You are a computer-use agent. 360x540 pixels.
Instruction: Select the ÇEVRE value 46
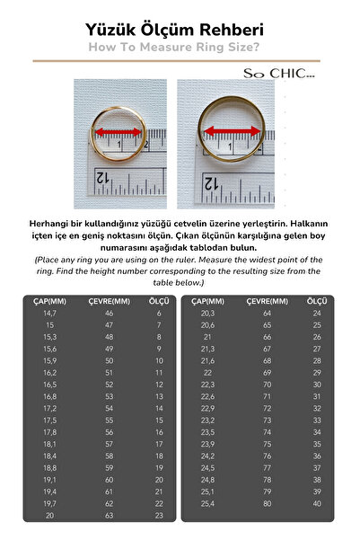pyautogui.click(x=110, y=313)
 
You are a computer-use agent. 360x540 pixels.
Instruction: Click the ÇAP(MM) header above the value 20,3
pyautogui.click(x=208, y=300)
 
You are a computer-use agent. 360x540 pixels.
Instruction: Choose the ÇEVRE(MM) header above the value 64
pyautogui.click(x=267, y=300)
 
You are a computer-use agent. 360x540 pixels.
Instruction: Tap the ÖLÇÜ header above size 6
pyautogui.click(x=158, y=300)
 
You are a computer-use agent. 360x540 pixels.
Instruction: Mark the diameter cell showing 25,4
pyautogui.click(x=208, y=504)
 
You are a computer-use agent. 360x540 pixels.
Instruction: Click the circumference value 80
pyautogui.click(x=267, y=504)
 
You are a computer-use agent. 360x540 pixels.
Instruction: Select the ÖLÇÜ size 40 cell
pyautogui.click(x=317, y=504)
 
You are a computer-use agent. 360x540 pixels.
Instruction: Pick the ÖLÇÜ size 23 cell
pyautogui.click(x=159, y=516)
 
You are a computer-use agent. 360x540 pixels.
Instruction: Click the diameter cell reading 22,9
pyautogui.click(x=208, y=407)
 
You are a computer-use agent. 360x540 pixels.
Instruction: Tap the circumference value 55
pyautogui.click(x=110, y=420)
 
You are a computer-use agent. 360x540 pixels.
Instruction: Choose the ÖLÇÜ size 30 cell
pyautogui.click(x=317, y=384)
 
